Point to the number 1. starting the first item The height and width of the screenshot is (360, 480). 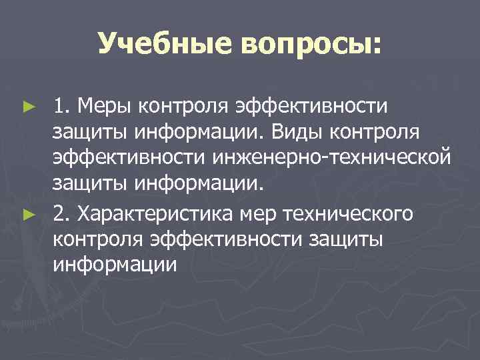tap(63, 105)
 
